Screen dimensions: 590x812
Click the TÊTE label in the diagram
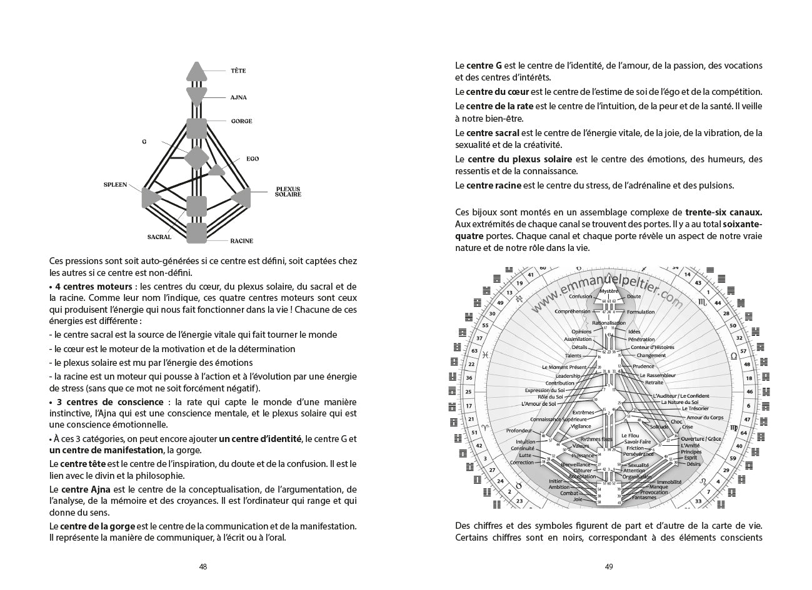tap(238, 71)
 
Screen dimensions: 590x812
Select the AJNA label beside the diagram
tap(239, 98)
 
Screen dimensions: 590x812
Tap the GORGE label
tap(241, 121)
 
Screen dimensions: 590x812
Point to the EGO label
tap(253, 159)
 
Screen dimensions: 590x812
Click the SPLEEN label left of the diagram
tap(115, 185)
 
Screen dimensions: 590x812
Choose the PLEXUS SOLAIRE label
tap(288, 192)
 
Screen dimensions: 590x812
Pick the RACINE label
tap(241, 241)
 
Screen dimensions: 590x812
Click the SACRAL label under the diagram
tap(159, 237)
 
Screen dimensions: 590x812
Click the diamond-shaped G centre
tap(197, 158)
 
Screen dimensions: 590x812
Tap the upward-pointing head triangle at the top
tap(197, 70)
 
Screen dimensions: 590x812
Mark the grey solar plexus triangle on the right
tap(242, 198)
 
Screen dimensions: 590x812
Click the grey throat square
tap(197, 128)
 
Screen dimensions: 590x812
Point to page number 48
tap(203, 567)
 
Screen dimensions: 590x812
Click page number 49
tap(609, 567)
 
